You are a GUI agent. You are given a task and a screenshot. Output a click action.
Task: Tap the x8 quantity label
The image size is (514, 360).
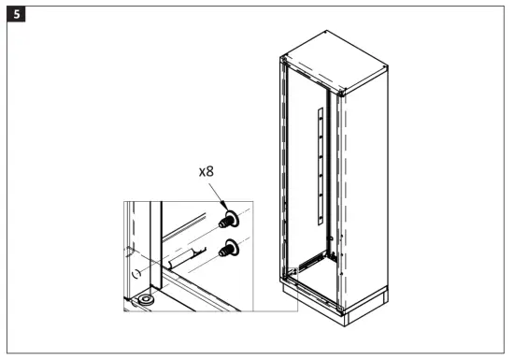click(x=209, y=172)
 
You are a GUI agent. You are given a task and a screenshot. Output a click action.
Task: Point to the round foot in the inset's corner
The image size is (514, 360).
click(x=148, y=301)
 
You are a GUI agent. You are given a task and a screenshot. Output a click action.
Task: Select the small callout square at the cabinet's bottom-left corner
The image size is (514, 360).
click(x=291, y=273)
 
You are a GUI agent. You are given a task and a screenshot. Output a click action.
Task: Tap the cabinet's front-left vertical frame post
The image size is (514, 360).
click(x=284, y=168)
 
